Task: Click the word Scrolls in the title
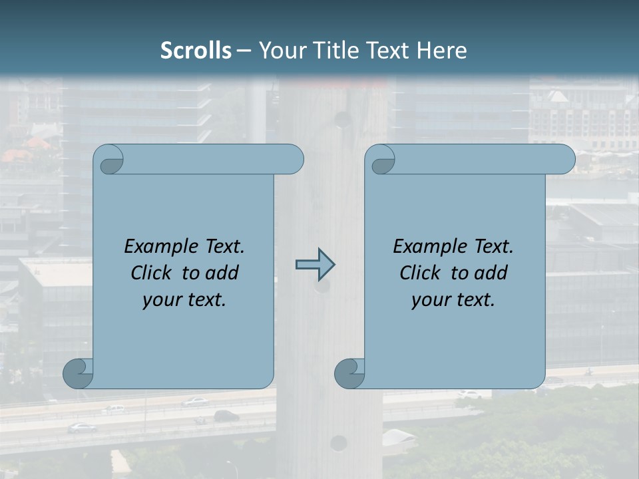(196, 51)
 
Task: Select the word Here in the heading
(442, 51)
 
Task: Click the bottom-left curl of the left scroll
(79, 373)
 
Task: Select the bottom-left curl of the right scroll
(350, 373)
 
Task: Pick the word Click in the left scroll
(146, 273)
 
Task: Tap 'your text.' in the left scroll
(184, 300)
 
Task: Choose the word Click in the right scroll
(415, 273)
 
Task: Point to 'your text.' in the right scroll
(453, 300)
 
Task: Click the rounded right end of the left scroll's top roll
(293, 159)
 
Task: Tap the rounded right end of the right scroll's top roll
(564, 159)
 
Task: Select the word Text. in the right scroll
(493, 247)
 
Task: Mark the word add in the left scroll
(222, 273)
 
